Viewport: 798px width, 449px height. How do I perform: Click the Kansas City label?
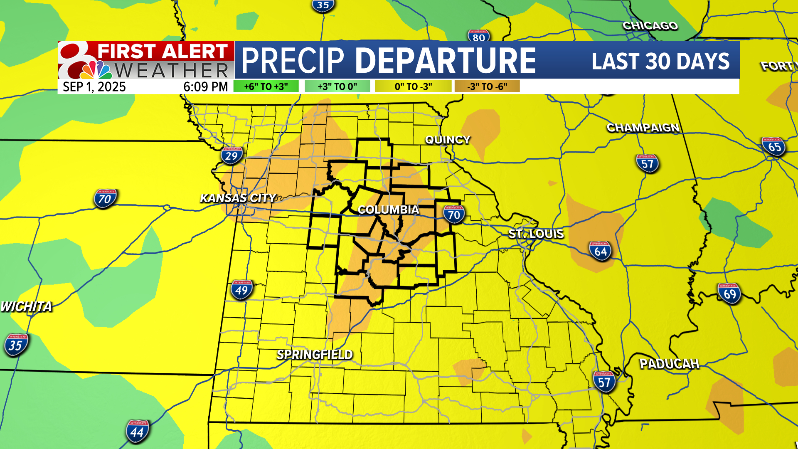pos(238,198)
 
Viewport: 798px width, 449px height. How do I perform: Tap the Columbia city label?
pos(388,210)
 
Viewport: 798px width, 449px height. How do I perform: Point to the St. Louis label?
pos(536,234)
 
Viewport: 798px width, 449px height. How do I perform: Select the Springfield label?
pos(315,355)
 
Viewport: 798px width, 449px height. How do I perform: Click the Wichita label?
pos(26,306)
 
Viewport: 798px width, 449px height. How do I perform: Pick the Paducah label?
pos(669,364)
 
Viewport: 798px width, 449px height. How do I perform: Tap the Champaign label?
pos(643,128)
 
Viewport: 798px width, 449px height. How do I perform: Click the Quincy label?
pos(448,140)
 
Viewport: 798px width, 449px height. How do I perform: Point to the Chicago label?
pos(650,26)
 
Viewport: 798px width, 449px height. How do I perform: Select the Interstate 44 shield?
pos(137,432)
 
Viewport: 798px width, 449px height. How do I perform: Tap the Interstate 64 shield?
pos(601,251)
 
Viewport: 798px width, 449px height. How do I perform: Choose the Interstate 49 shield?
pos(241,290)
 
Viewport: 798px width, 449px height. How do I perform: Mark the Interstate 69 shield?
pos(729,294)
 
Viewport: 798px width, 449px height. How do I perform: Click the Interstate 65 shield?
pos(774,146)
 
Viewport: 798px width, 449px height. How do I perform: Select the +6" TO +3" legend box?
pos(266,86)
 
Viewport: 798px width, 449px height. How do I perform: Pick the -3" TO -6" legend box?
pos(487,86)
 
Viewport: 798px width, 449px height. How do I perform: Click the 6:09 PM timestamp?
pos(206,87)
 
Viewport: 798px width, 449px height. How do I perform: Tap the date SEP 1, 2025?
pos(94,87)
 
